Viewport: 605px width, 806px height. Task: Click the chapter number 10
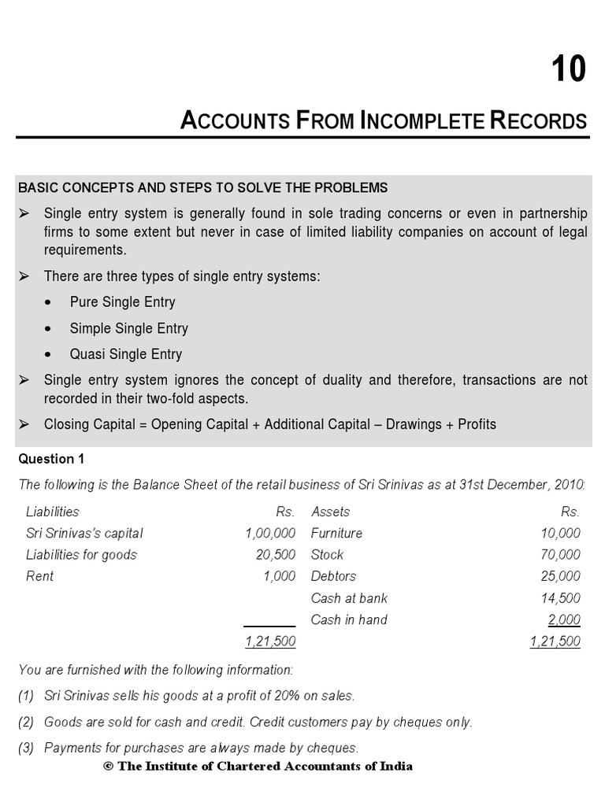point(568,70)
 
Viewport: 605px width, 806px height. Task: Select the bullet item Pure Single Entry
point(122,302)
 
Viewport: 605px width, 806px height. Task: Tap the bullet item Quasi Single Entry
point(125,354)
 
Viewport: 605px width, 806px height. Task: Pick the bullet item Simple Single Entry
point(128,328)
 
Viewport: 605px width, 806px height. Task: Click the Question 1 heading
point(50,458)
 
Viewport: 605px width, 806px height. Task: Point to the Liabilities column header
point(53,512)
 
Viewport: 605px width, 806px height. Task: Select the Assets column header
point(330,512)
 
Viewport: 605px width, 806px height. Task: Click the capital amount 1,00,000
point(270,533)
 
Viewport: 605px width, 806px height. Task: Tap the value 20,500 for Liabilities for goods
point(276,554)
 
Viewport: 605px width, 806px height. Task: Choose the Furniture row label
point(336,533)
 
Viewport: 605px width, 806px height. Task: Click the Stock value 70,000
point(560,554)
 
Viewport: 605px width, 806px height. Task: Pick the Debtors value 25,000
point(560,576)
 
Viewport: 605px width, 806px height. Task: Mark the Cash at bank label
point(349,598)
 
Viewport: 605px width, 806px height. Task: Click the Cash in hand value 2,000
point(564,619)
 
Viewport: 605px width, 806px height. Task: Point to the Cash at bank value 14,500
point(560,598)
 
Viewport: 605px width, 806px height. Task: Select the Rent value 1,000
point(280,576)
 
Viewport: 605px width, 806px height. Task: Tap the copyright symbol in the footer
point(108,766)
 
